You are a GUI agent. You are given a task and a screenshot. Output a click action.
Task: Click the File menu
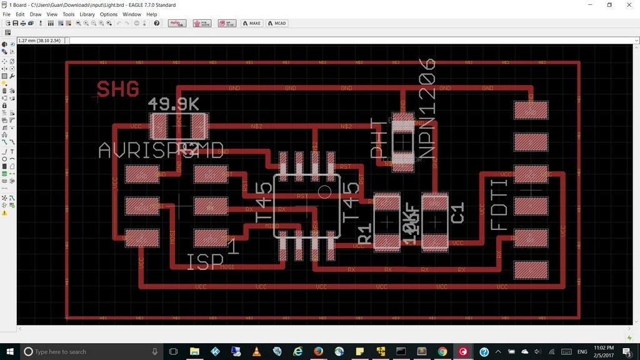7,14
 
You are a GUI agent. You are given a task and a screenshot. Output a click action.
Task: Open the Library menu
87,14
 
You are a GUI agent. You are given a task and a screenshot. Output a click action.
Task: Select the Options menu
108,14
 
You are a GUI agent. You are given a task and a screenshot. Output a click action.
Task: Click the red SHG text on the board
117,89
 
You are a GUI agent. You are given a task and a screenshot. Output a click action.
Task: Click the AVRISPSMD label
161,151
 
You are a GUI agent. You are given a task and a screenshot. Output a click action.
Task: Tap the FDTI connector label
499,206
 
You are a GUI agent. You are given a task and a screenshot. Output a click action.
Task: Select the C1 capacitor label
457,212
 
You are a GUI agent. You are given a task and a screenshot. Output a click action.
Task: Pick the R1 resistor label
364,235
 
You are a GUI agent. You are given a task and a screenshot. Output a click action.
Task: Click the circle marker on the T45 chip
324,191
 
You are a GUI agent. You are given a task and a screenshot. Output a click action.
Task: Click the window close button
629,4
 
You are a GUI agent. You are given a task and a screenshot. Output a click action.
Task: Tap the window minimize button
591,4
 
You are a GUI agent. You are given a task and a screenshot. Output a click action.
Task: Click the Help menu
152,14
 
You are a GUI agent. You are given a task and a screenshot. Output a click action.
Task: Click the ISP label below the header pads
205,262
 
